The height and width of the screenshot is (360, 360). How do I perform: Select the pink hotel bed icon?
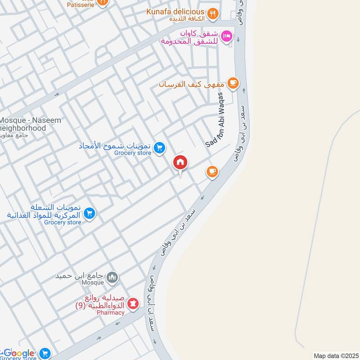coord(228,36)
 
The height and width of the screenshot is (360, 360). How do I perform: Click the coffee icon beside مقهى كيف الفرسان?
coord(233,83)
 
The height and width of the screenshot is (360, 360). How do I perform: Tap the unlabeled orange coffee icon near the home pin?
coord(212,171)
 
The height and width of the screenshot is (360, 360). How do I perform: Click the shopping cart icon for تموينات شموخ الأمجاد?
coord(159,147)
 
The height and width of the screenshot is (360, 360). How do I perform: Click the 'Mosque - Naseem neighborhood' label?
coord(29,124)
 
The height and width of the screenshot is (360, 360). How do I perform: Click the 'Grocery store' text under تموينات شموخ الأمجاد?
coord(132,153)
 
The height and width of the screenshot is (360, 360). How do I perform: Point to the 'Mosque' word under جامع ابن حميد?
coord(93,283)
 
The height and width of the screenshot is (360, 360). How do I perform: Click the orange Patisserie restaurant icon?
coord(103,2)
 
